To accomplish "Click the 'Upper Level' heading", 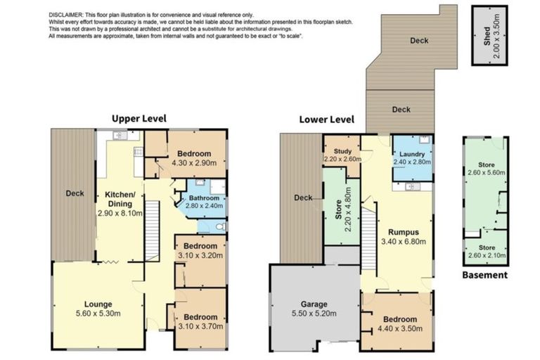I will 139,118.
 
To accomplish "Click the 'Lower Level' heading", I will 326,119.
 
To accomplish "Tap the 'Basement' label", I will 484,275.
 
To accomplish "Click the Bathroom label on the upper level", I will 204,197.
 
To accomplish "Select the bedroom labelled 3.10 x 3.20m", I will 200,251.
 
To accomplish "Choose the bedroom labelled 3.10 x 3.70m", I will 200,321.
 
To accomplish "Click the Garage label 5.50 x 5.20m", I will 314,309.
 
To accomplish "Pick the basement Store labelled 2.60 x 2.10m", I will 485,251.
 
